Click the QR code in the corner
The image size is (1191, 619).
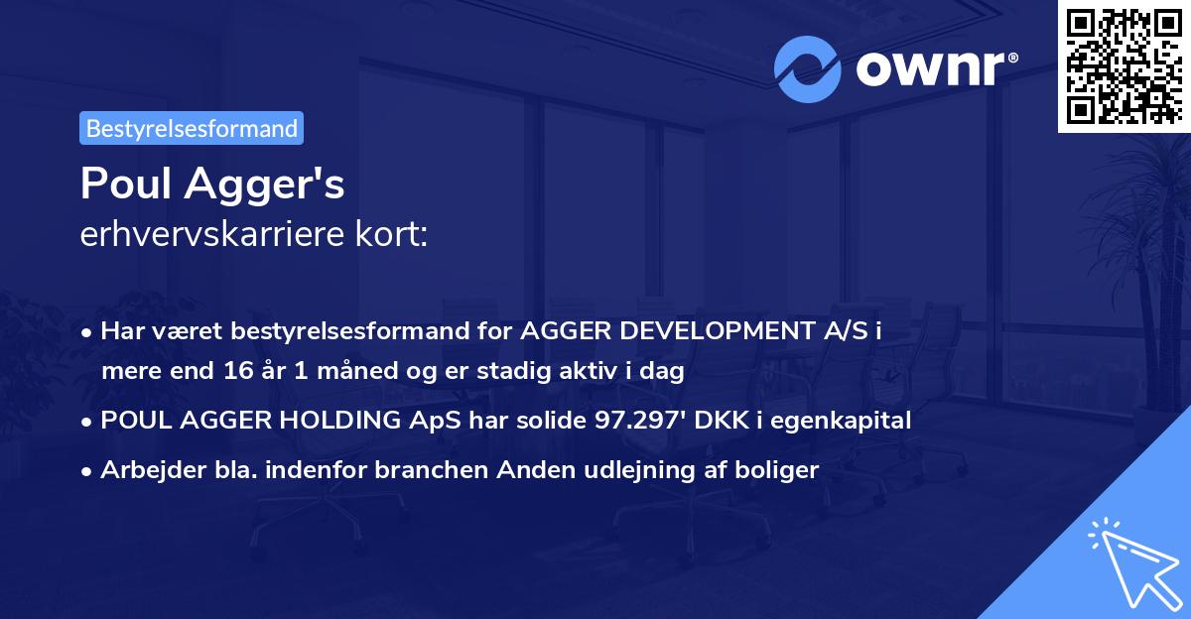click(x=1125, y=64)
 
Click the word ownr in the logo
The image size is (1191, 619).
click(x=933, y=67)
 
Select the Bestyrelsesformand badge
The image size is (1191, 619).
click(x=192, y=128)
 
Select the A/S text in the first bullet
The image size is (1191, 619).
click(x=848, y=331)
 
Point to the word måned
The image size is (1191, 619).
click(x=339, y=372)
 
